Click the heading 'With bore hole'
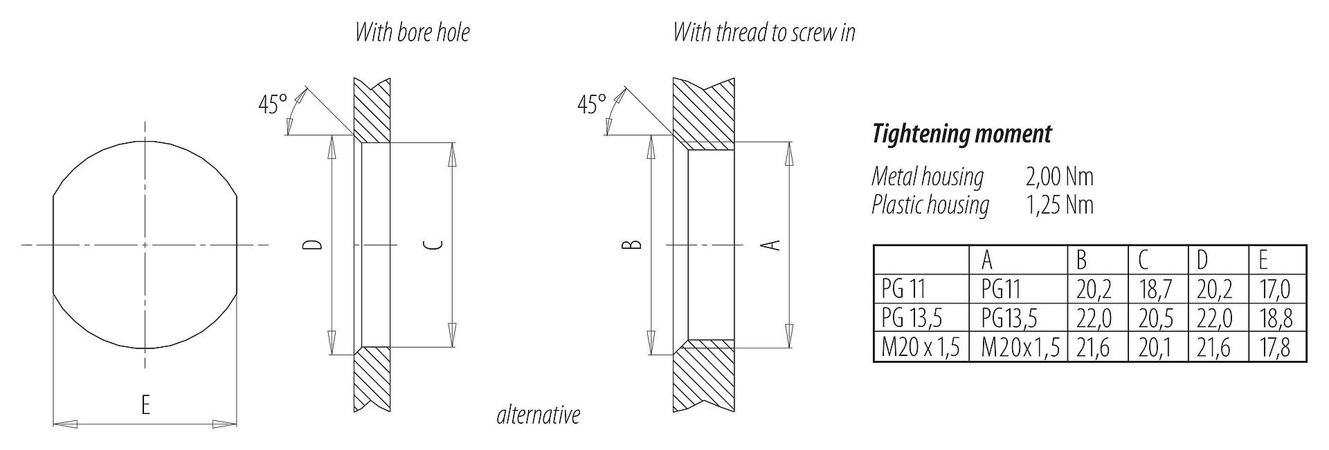[412, 32]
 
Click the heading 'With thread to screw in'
[764, 32]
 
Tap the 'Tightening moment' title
[961, 134]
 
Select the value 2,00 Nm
[1059, 177]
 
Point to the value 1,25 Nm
[1059, 205]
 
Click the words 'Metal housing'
[928, 178]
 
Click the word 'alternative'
[538, 415]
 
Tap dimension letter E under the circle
[145, 404]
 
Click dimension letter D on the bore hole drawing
[314, 245]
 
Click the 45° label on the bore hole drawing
[272, 105]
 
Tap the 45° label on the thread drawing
[592, 105]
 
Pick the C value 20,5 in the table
[1155, 319]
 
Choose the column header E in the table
[1263, 261]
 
